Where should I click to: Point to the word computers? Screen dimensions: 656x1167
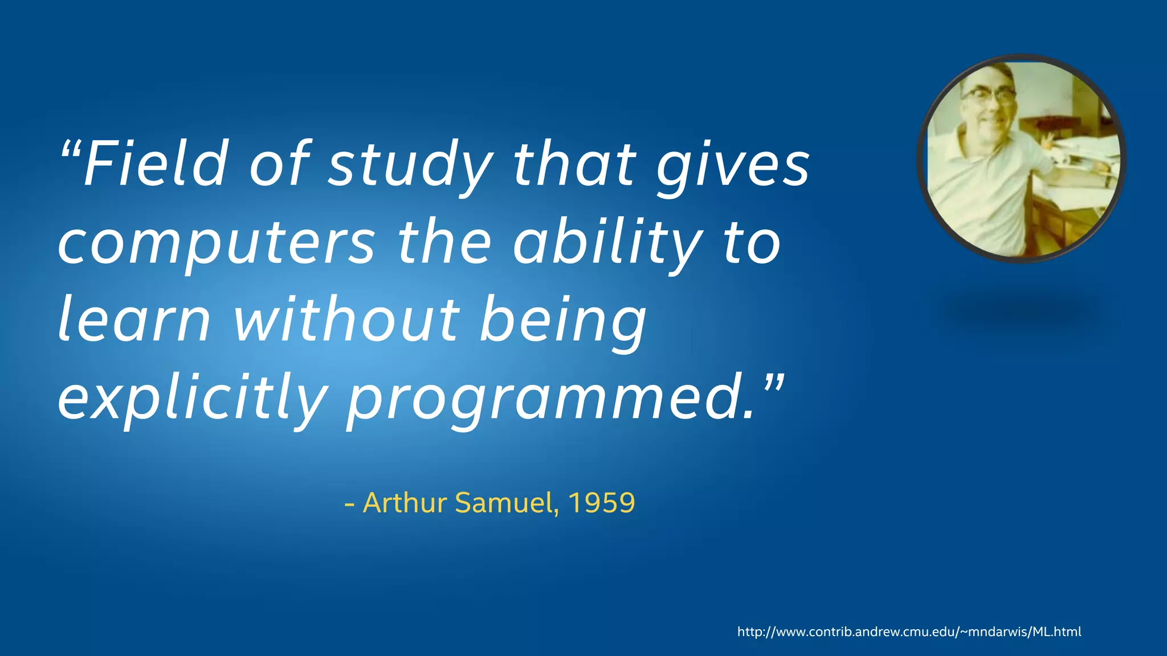pos(217,243)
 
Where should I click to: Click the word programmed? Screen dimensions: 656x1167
pos(544,399)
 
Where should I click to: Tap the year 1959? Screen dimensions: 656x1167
pos(602,502)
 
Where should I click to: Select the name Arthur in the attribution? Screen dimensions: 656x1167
pos(405,502)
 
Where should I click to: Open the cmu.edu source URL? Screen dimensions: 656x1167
pos(909,632)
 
